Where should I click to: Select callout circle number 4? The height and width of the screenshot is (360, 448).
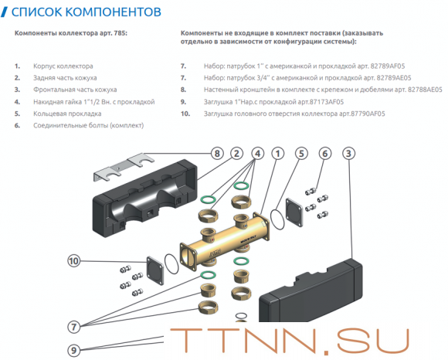coord(256,153)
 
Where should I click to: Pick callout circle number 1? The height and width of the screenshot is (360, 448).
coord(277,153)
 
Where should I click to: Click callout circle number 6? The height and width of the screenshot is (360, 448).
coord(325,153)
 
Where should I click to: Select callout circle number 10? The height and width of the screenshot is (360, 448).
coord(74,261)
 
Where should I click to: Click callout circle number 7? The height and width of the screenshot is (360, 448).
coord(74,326)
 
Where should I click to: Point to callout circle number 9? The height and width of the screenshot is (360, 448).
coord(74,350)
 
